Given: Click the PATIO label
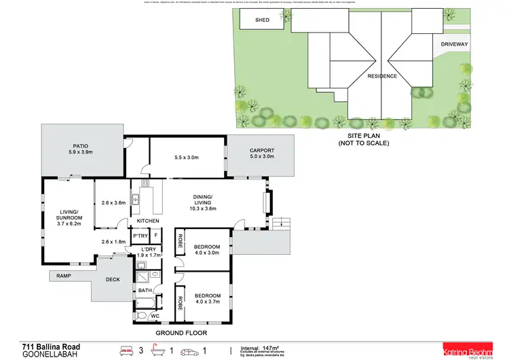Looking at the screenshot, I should (81, 145).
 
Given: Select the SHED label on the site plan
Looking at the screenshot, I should (262, 20).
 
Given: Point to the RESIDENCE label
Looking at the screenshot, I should (382, 76).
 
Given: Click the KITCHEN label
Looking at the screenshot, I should (148, 221).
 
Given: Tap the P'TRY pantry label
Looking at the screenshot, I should (140, 236).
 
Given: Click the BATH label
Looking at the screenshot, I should (145, 291).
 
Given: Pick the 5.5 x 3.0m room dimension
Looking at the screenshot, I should (187, 158).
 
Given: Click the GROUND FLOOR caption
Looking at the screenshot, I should (181, 334).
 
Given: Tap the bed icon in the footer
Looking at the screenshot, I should (126, 351).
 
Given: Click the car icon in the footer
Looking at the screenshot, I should (194, 351).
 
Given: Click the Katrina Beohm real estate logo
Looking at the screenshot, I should (468, 349).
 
